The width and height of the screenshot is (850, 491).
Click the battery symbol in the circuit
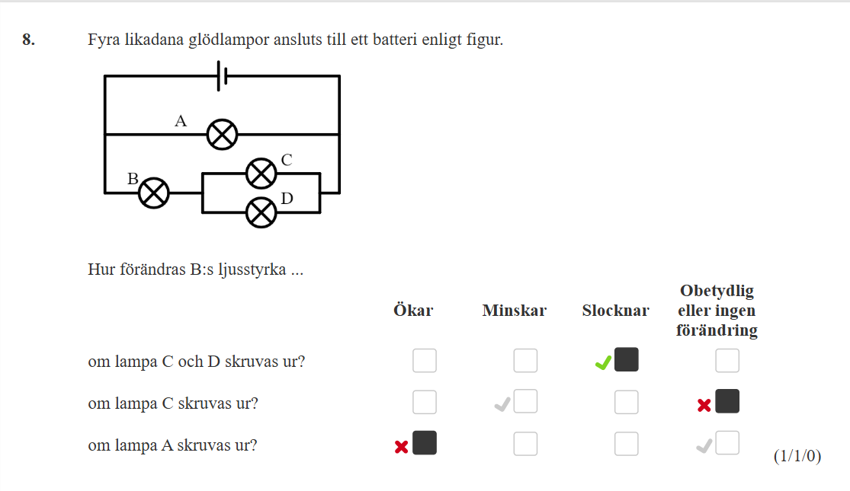(222, 76)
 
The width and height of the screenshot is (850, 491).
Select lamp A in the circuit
(223, 134)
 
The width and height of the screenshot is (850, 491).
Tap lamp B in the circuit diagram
(154, 193)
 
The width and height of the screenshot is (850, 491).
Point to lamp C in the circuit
(261, 174)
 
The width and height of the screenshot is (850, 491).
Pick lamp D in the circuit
(261, 212)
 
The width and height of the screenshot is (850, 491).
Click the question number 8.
(29, 40)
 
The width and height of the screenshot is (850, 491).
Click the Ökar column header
(413, 310)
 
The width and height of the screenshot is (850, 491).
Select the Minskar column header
(515, 310)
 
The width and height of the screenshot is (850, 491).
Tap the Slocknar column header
(616, 310)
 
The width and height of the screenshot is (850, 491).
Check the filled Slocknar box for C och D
(626, 360)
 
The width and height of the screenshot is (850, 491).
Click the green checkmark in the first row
(603, 362)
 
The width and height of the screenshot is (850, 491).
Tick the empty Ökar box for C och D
(425, 361)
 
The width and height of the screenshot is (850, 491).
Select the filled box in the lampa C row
(727, 401)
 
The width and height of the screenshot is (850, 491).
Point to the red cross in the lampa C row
(704, 405)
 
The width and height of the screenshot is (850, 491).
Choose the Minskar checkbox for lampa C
(525, 401)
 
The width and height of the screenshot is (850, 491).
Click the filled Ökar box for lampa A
(425, 443)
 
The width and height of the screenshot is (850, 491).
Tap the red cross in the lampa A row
(401, 447)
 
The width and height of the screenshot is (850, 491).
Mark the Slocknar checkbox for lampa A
(626, 444)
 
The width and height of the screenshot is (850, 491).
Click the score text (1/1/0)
(797, 456)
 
